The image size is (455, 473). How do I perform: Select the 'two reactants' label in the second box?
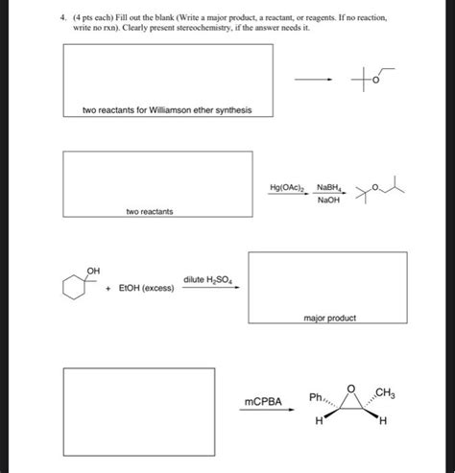click(x=149, y=210)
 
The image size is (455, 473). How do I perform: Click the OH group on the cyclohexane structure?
click(x=94, y=271)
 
